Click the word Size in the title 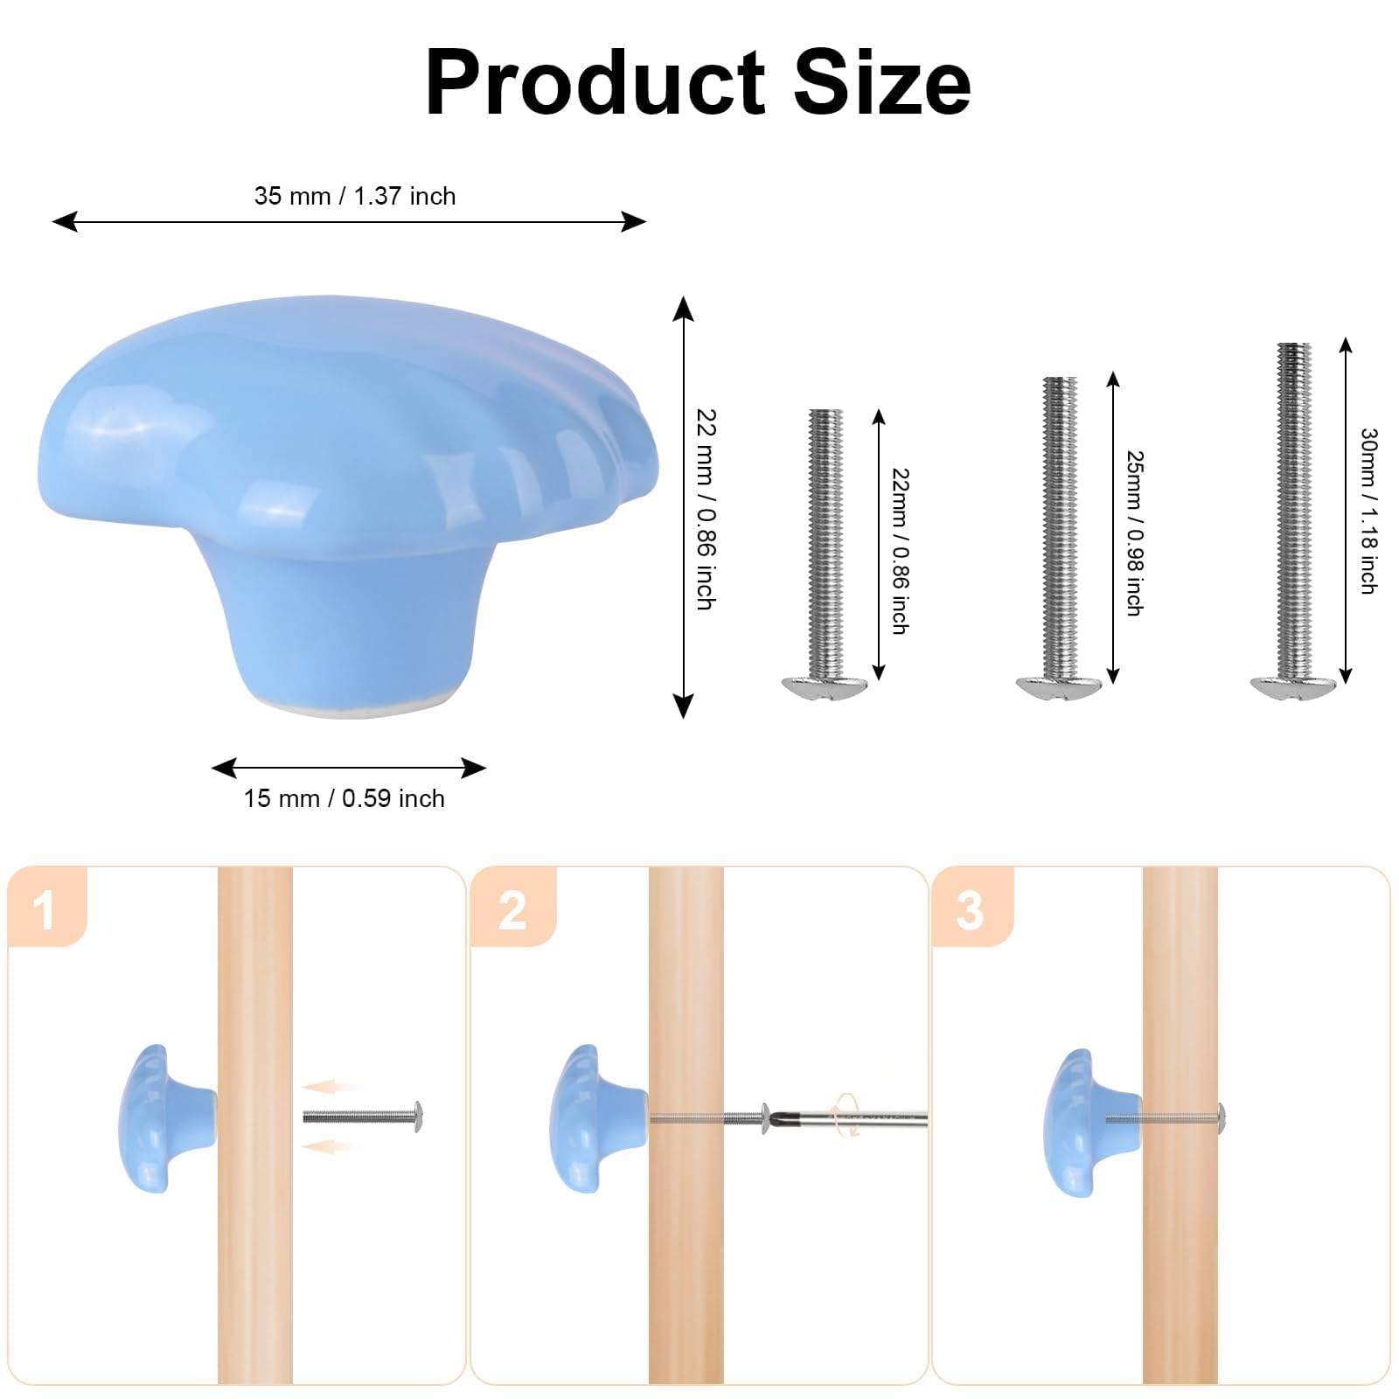882,82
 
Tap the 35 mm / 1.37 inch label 355,196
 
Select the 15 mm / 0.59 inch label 344,798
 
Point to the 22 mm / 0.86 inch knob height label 706,509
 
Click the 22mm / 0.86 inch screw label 901,551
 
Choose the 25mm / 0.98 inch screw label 1135,533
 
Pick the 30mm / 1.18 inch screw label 1369,512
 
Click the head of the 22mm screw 825,687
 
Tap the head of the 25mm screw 1059,687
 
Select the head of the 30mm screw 1293,687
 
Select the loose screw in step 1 363,1117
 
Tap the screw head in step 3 1222,1116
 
